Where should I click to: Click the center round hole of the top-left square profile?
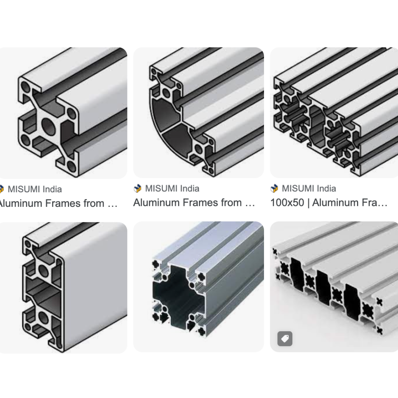click(48, 126)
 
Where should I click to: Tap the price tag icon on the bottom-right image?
click(285, 339)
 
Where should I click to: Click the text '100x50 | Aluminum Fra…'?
click(329, 203)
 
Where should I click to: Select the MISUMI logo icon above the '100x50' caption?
click(274, 189)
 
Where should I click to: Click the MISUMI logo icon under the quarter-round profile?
click(138, 189)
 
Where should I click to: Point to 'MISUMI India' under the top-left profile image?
click(35, 189)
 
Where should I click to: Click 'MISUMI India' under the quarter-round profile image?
click(172, 189)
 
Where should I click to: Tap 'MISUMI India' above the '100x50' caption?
click(309, 189)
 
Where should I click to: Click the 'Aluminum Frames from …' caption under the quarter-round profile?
click(194, 203)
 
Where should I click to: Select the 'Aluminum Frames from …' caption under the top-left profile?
click(58, 204)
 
